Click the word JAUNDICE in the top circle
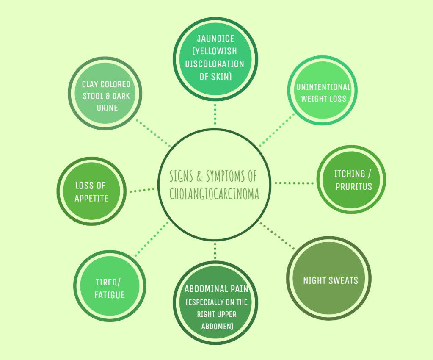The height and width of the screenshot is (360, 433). click(x=215, y=39)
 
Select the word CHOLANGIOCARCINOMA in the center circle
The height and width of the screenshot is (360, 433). click(x=214, y=194)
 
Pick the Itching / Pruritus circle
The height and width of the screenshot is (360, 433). click(x=351, y=180)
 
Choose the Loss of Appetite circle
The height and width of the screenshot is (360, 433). click(x=91, y=192)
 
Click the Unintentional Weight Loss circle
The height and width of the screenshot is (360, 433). click(x=323, y=92)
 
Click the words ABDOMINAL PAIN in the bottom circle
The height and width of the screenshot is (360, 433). click(x=216, y=289)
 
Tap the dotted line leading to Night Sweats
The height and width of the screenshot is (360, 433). click(x=278, y=235)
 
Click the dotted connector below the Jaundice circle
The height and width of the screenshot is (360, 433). click(x=215, y=113)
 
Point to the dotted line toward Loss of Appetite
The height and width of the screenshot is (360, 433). click(x=142, y=190)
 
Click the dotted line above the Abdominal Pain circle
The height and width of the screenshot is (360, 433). click(x=215, y=251)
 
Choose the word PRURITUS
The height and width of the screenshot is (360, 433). click(x=354, y=186)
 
